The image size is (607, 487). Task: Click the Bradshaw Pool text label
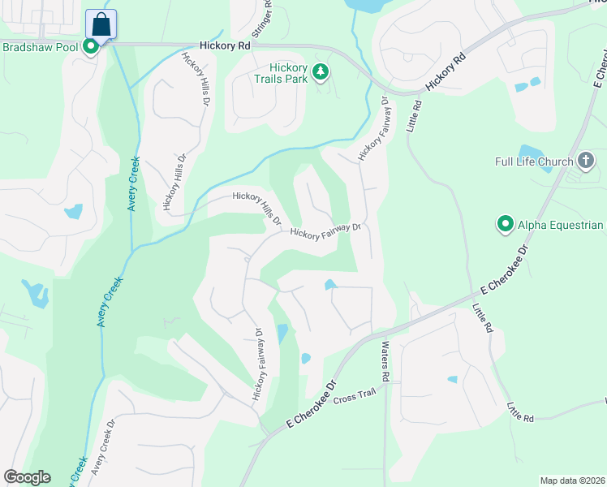40,47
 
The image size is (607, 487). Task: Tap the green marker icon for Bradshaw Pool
92,47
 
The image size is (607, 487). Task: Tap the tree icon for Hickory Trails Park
321,72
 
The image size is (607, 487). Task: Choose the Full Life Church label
534,162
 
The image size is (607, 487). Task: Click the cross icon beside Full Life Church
587,161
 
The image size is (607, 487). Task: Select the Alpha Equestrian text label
561,225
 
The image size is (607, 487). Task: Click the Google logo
27,477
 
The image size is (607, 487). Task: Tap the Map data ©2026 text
572,481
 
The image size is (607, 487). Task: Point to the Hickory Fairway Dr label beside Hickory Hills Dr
325,232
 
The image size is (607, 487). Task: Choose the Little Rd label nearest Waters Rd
483,319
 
